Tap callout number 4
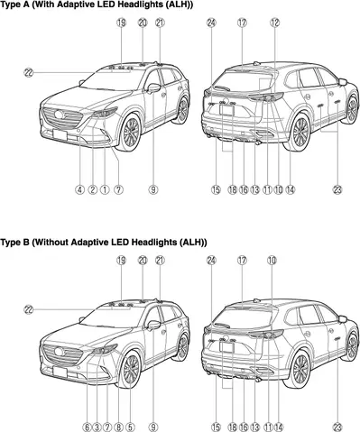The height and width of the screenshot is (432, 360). coord(79,189)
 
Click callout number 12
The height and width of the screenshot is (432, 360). coord(272,22)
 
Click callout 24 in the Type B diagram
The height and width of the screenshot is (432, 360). coord(211,260)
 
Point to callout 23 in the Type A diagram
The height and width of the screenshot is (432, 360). coord(337,189)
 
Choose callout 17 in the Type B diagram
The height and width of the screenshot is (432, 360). coord(242,260)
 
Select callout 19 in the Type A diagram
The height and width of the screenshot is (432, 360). coord(121,22)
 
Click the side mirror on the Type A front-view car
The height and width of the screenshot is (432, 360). coord(152,88)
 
